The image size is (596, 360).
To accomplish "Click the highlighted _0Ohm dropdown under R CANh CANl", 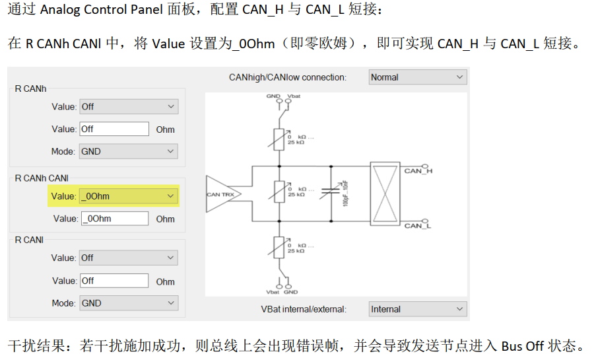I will (128, 196).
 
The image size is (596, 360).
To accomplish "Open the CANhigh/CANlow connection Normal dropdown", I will (417, 77).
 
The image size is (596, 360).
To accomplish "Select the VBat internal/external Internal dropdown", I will (417, 309).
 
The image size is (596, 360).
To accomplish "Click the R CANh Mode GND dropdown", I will (128, 151).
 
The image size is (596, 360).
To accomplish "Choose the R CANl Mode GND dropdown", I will (128, 303).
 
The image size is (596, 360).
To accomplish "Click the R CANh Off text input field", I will (114, 129).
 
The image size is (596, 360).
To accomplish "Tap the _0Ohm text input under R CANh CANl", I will (114, 219).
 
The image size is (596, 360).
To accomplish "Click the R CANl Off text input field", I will (114, 281).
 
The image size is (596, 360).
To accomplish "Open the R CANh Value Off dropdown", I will (128, 106).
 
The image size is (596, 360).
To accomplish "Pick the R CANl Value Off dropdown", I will (128, 258).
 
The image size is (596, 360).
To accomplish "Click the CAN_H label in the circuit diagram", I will (417, 171).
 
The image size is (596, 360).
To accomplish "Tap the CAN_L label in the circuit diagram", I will (417, 226).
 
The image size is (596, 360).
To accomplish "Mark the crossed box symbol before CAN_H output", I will (384, 193).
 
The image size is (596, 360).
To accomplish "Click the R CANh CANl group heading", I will (42, 178).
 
